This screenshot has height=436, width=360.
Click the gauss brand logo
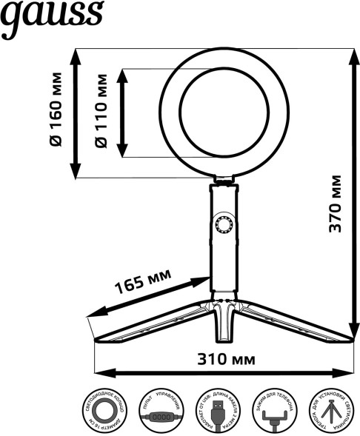tap(51, 18)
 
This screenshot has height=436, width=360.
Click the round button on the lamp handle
tap(223, 225)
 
